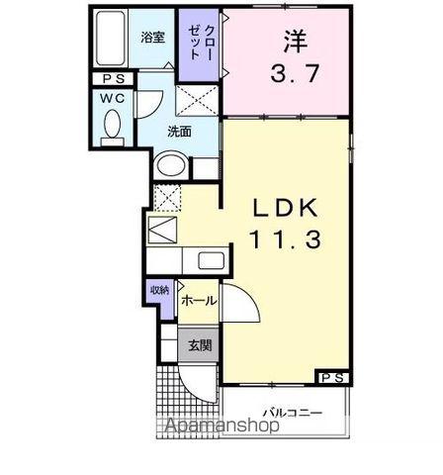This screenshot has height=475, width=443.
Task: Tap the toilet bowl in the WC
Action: [111, 125]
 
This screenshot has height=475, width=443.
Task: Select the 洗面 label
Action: [178, 130]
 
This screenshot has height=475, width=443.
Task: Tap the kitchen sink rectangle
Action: [212, 261]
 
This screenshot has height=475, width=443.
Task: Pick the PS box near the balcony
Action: [331, 377]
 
